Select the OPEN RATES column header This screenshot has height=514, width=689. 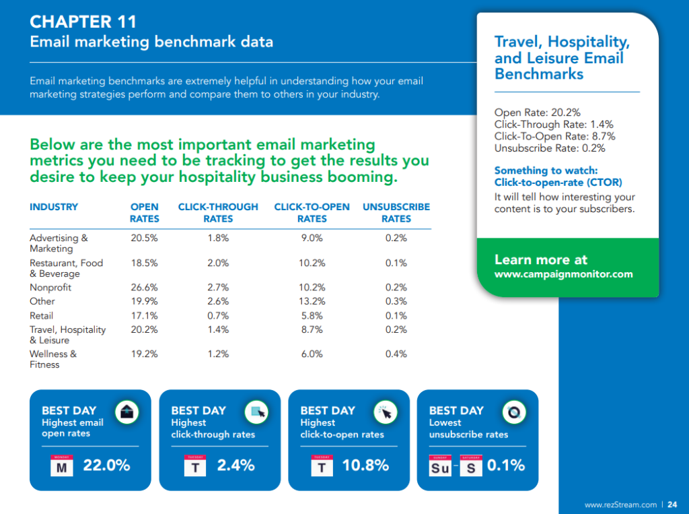pos(144,213)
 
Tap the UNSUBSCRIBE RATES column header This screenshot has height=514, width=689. pos(396,213)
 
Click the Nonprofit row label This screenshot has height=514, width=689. pos(50,288)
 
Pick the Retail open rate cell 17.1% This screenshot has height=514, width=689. pos(144,316)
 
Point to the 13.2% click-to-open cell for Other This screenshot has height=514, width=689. pos(312,302)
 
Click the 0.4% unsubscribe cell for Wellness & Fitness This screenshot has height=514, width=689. pos(396,354)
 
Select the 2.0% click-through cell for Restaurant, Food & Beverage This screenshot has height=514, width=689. pos(218,263)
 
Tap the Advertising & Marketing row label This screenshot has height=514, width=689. pos(59,243)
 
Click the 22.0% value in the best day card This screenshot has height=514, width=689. pos(106,465)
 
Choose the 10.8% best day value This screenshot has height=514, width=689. pos(365,465)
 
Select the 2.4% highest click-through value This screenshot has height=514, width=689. pos(235,465)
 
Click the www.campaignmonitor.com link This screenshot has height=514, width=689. pos(563,274)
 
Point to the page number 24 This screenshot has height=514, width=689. pos(672,505)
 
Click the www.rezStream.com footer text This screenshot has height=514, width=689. pos(620,505)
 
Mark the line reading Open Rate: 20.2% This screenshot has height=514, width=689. pos(537,113)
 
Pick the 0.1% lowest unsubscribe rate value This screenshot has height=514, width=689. pos(505,465)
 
